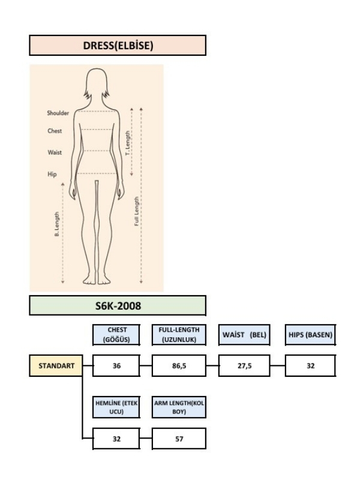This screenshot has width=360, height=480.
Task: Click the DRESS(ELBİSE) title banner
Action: coord(118,46)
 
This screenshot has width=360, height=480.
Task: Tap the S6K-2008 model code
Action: coord(118,306)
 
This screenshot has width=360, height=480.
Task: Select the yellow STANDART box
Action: coord(56,365)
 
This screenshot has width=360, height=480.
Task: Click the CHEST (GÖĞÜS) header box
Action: coord(116,335)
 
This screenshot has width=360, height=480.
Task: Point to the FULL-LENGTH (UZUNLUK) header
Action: coord(179,335)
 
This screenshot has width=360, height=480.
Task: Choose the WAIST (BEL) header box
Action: coord(244,335)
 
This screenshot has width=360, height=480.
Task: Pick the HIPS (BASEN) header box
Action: coord(310,335)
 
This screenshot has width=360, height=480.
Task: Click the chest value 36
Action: coord(116,366)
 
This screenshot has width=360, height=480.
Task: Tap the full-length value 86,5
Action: coord(179,366)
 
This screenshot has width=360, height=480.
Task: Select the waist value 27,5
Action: coord(244,366)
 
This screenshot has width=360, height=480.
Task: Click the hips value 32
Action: coord(310,366)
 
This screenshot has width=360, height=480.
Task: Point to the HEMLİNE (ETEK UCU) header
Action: coord(116,407)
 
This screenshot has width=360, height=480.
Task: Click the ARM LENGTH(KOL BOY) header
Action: coord(179,407)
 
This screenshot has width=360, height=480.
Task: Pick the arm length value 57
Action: coord(179,439)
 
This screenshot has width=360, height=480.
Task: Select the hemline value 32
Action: coord(116,439)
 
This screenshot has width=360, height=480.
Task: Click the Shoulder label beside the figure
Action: coord(58,113)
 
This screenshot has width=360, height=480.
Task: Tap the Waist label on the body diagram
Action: coord(55,152)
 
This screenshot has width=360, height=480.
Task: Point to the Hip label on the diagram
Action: coord(52,174)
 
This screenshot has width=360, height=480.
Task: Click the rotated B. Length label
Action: coord(56,224)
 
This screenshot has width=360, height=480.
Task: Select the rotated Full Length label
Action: coord(137,211)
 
